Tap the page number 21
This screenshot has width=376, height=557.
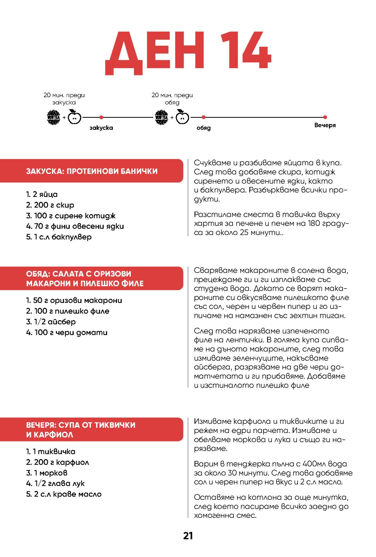[188, 536]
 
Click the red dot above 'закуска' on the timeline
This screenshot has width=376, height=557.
[101, 117]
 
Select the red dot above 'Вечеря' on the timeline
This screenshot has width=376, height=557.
[325, 117]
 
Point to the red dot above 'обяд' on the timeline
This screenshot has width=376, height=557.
[204, 117]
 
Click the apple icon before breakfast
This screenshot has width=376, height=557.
[74, 117]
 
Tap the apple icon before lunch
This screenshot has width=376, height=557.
[182, 117]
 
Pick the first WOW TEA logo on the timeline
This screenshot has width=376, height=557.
[54, 117]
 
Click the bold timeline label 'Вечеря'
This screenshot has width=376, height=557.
[325, 125]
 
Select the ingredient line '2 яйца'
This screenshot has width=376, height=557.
[42, 194]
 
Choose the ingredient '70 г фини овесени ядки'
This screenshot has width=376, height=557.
[75, 226]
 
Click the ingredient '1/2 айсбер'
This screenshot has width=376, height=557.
[51, 322]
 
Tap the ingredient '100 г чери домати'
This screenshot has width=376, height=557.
[67, 332]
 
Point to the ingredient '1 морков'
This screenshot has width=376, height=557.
[47, 473]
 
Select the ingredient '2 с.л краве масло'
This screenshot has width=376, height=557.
[64, 494]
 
